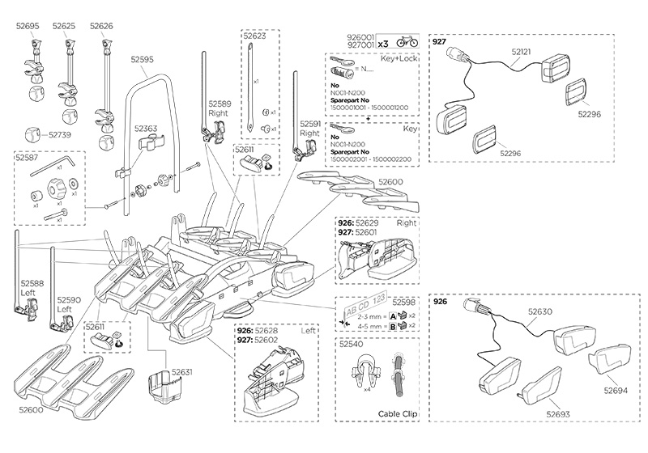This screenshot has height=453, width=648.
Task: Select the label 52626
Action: tap(101, 27)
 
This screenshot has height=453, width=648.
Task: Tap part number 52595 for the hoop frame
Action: tap(142, 59)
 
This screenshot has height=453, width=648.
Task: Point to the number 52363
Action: tap(146, 129)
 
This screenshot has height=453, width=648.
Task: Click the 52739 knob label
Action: tap(60, 135)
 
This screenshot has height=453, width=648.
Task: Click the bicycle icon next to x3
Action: tap(407, 41)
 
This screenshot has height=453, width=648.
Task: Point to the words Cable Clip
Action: tap(397, 413)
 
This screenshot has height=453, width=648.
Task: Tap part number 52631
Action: tap(181, 372)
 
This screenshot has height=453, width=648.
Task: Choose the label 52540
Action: tap(350, 344)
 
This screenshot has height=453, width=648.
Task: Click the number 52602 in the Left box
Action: tap(266, 341)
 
